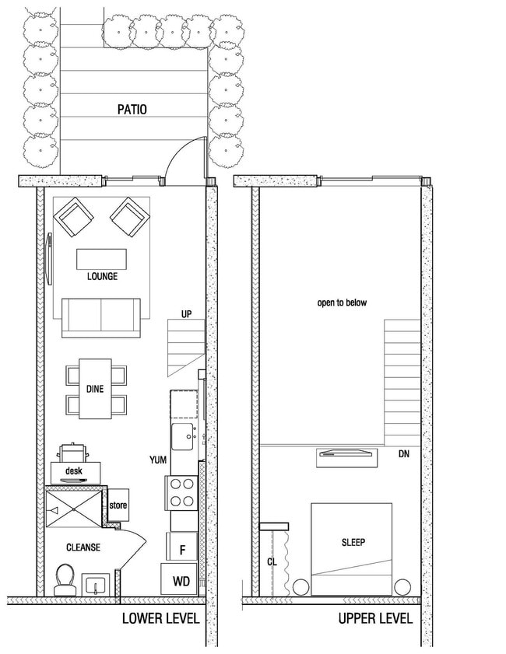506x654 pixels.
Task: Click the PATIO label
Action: [132, 110]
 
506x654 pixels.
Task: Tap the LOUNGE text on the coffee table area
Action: [102, 276]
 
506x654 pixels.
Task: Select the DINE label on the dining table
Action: [95, 390]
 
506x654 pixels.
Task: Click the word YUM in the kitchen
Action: [158, 460]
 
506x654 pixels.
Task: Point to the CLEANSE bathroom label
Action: [83, 547]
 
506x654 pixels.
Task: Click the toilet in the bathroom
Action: [65, 579]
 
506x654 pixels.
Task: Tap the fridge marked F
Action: [182, 550]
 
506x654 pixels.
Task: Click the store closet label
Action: [118, 506]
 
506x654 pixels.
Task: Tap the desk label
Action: [74, 471]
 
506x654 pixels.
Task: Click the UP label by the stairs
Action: [185, 315]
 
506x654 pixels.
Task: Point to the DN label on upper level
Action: [403, 453]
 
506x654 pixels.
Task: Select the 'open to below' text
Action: [341, 303]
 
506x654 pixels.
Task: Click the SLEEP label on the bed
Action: [353, 542]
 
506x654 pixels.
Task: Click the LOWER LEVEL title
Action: [160, 619]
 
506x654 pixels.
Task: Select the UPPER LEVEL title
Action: [375, 619]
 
